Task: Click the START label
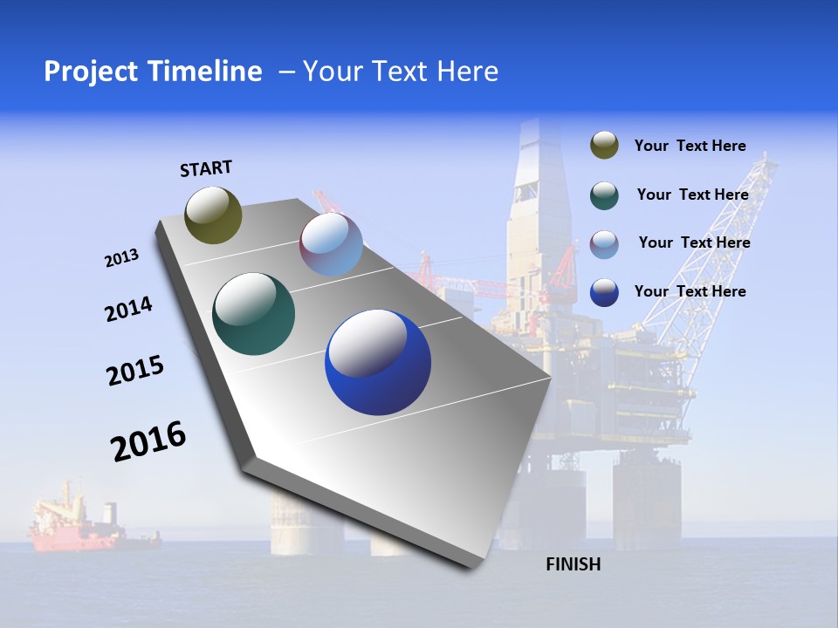(x=206, y=168)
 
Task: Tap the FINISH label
(x=573, y=564)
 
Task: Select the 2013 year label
(x=121, y=258)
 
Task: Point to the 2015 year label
(x=134, y=371)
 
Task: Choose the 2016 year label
(x=148, y=440)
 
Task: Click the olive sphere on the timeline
(x=214, y=215)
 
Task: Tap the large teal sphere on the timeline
(x=253, y=314)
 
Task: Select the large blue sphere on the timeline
(x=378, y=363)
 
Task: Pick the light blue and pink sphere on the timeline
(x=331, y=245)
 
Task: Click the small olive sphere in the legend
(x=604, y=146)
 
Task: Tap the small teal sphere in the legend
(x=604, y=195)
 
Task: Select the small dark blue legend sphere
(x=604, y=291)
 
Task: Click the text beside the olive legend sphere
(x=690, y=146)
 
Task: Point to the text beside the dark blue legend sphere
(x=690, y=291)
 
